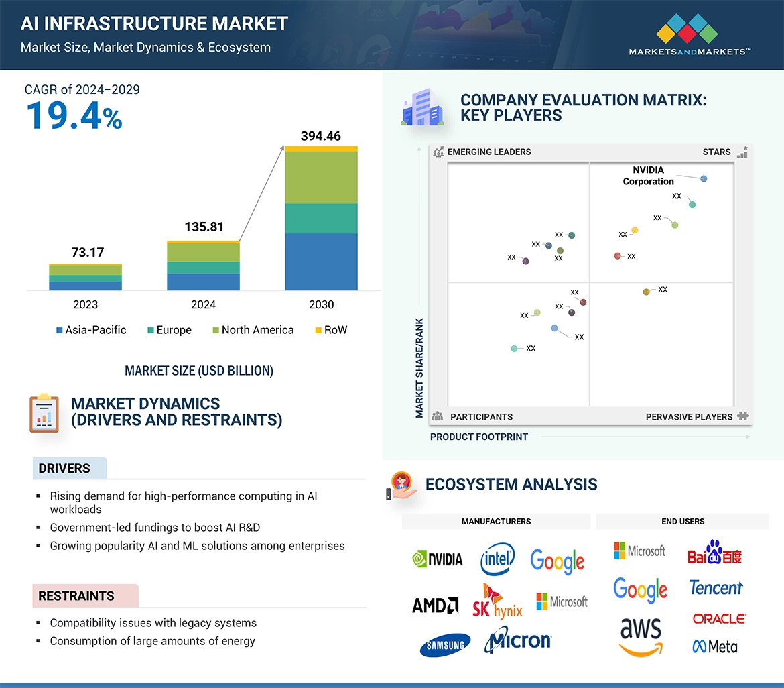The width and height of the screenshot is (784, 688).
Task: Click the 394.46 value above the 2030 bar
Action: click(x=320, y=136)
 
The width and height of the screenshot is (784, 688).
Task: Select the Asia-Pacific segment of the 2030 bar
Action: click(x=321, y=262)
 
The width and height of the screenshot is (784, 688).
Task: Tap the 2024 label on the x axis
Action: click(x=203, y=304)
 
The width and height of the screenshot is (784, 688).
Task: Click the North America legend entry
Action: click(x=253, y=330)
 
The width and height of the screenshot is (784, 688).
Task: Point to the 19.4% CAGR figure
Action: click(x=74, y=115)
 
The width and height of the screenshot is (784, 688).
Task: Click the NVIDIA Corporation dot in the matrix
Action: click(x=703, y=178)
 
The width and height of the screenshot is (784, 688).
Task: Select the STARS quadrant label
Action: click(x=716, y=152)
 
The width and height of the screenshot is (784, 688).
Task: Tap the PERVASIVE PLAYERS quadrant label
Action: click(x=689, y=416)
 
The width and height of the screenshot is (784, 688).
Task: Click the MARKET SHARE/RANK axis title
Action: click(x=419, y=367)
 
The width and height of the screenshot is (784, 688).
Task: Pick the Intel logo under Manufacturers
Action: click(x=497, y=559)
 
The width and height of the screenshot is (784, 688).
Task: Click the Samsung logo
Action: click(x=445, y=645)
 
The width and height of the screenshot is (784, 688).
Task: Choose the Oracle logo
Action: click(x=719, y=618)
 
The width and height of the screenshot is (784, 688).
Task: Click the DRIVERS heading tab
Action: click(x=64, y=469)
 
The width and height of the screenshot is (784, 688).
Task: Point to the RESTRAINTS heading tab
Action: click(x=76, y=596)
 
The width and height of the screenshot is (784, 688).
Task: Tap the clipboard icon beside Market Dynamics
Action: click(x=44, y=413)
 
